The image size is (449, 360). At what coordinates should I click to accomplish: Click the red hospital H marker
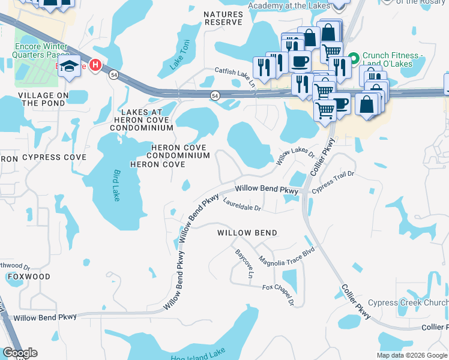[95, 65]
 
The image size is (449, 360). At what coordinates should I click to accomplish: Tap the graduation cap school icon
[69, 67]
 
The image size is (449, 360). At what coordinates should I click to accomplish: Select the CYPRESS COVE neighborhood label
[54, 157]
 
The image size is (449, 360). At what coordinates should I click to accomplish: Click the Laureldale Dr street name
[242, 205]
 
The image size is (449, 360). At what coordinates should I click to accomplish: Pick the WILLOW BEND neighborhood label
[247, 233]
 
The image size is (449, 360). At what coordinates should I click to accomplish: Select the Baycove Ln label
[243, 264]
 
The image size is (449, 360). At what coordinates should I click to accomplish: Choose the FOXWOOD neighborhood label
[28, 277]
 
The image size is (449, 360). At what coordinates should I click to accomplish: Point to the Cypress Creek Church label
[408, 303]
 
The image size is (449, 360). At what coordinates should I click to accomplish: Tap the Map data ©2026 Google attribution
[412, 355]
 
